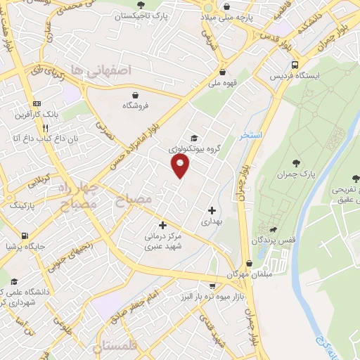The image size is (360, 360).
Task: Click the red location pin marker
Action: (x=181, y=166)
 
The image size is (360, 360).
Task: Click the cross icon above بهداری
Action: (x=212, y=210)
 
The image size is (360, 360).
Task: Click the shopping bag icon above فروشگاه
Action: (x=135, y=94)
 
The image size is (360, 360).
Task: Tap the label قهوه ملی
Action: (x=222, y=83)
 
